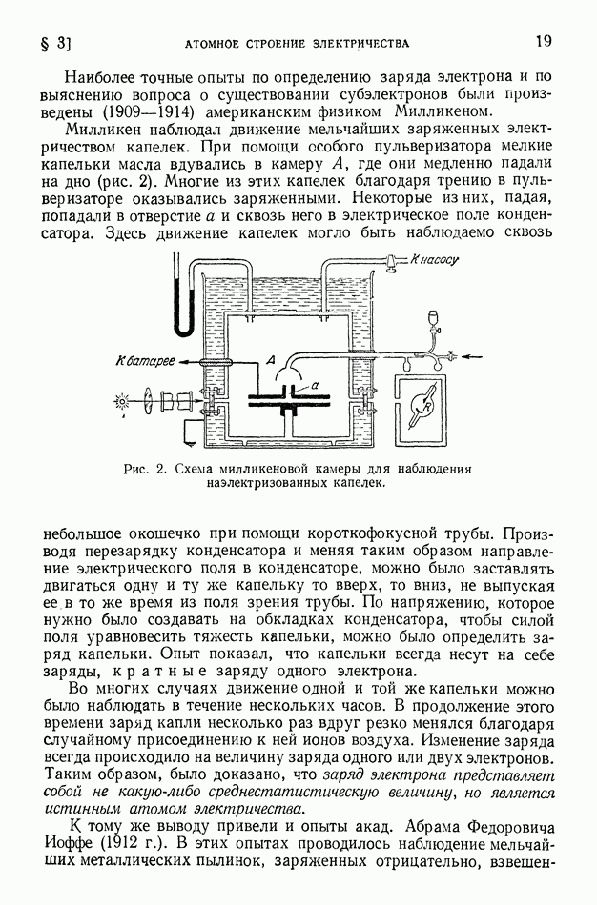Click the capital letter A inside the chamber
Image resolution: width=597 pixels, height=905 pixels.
click(x=272, y=360)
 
